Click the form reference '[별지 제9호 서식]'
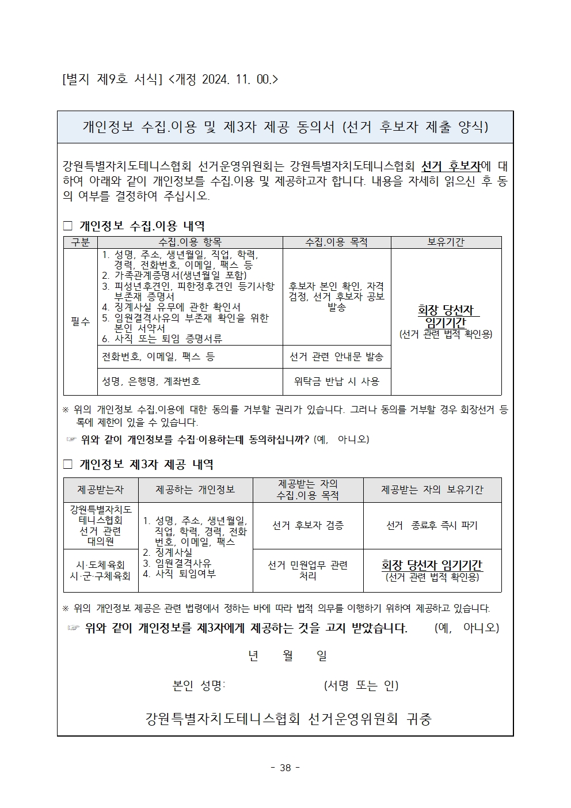112,78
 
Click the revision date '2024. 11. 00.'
237,78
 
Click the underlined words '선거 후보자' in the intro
451,166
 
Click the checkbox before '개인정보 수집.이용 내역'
67,226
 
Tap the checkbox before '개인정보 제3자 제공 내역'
67,464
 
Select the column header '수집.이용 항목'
190,242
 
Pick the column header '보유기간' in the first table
446,242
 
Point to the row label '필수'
81,321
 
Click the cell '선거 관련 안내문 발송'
336,357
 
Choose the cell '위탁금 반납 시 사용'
336,381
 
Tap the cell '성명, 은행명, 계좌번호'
151,381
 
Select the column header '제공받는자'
101,490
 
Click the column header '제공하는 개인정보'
195,490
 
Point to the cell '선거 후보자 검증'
307,525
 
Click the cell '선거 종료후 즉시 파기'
432,525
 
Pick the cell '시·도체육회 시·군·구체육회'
101,570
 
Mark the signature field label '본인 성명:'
199,685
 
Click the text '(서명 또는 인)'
361,685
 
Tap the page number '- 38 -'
285,768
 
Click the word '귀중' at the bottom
419,719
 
